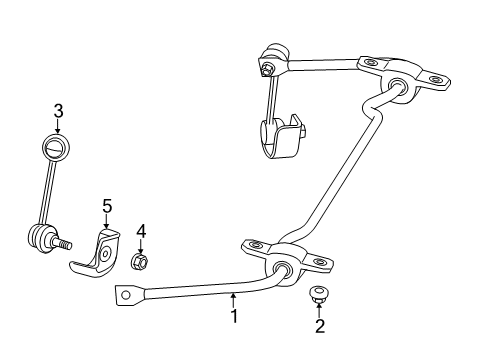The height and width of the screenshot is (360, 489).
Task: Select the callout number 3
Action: click(x=58, y=110)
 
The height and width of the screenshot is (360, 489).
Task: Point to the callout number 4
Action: click(x=141, y=231)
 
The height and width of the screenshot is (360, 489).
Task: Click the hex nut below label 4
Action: click(x=141, y=262)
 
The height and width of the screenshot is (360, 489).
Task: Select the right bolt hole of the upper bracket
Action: click(x=434, y=79)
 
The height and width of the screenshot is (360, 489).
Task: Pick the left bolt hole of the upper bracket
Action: click(x=370, y=64)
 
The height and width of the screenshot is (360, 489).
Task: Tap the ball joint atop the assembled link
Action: click(x=273, y=53)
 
